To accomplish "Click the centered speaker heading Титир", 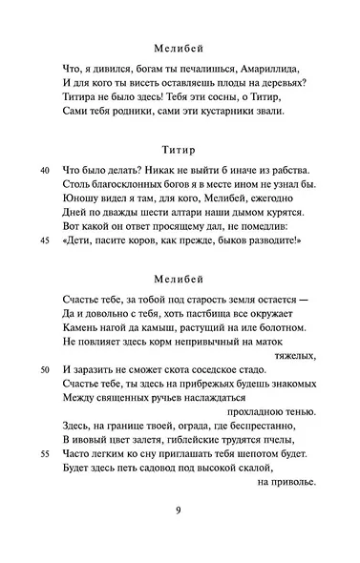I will coord(180,149).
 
